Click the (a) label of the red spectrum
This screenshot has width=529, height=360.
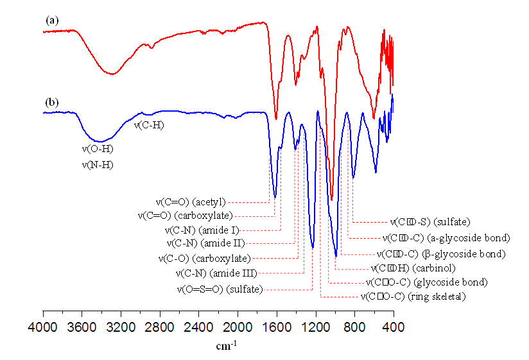(52, 20)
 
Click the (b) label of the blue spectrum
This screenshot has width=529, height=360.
(52, 102)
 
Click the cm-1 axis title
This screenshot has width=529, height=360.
(225, 347)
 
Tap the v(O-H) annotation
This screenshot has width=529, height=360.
(98, 150)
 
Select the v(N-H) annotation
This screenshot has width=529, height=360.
(98, 165)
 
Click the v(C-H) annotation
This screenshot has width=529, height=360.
(148, 125)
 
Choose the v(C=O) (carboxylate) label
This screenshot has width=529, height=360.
(186, 215)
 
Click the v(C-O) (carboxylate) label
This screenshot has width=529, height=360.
(204, 259)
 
